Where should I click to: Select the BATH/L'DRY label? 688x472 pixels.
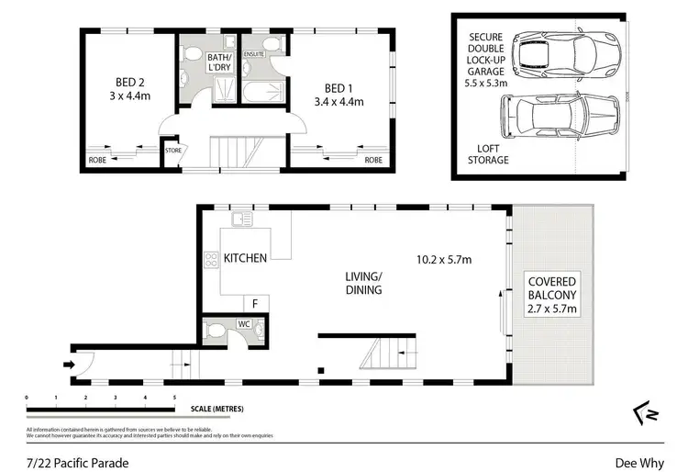coord(218,62)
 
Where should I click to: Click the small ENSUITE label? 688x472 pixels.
coord(254,54)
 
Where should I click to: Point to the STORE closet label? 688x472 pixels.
coord(172,150)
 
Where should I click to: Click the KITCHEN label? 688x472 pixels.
coord(245,258)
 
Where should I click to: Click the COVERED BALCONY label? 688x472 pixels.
coord(551,295)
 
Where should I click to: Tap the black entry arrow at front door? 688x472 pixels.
coord(69,364)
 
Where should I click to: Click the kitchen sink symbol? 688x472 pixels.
coord(242,219)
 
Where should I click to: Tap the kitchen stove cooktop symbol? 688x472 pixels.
coord(210,259)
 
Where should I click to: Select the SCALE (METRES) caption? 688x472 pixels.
coord(217,408)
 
